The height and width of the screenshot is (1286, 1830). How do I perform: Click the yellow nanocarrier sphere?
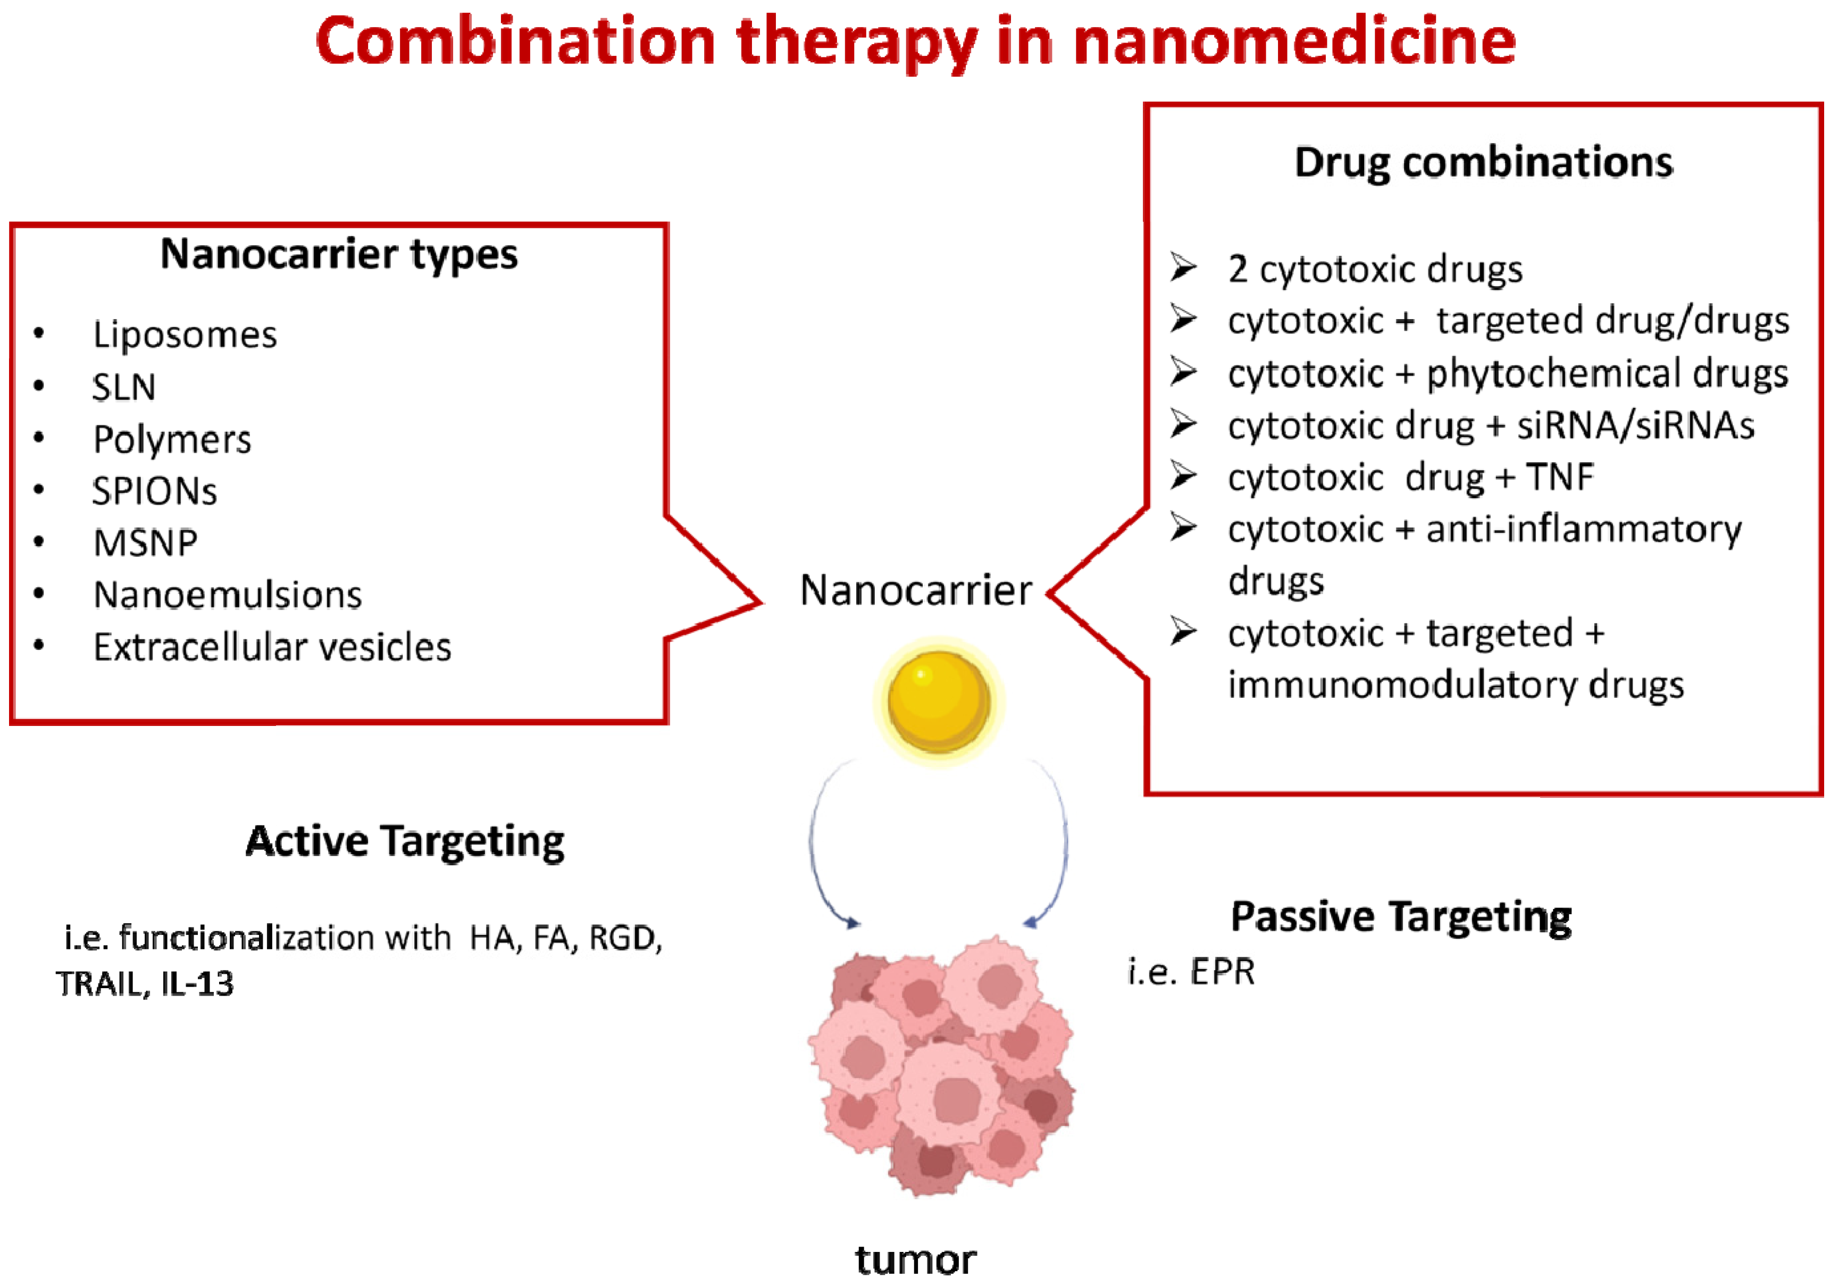pyautogui.click(x=938, y=702)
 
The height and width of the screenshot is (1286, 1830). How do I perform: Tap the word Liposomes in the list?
pyautogui.click(x=185, y=335)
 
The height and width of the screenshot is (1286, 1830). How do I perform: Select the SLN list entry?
pyautogui.click(x=123, y=388)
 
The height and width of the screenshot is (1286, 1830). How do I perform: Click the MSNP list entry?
pyautogui.click(x=145, y=543)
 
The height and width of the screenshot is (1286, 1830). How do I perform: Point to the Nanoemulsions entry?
pyautogui.click(x=227, y=595)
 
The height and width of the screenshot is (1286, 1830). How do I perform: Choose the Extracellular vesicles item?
pyautogui.click(x=272, y=647)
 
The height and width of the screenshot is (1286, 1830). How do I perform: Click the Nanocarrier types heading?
pyautogui.click(x=339, y=254)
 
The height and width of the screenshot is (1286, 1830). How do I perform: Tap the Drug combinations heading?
pyautogui.click(x=1483, y=163)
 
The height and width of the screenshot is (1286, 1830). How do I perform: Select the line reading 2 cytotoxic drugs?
pyautogui.click(x=1375, y=270)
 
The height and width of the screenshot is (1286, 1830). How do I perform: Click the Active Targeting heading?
pyautogui.click(x=405, y=842)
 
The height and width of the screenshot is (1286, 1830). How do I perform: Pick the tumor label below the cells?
pyautogui.click(x=915, y=1260)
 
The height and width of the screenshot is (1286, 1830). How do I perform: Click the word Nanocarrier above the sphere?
pyautogui.click(x=916, y=591)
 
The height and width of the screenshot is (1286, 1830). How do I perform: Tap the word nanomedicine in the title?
pyautogui.click(x=1293, y=41)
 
